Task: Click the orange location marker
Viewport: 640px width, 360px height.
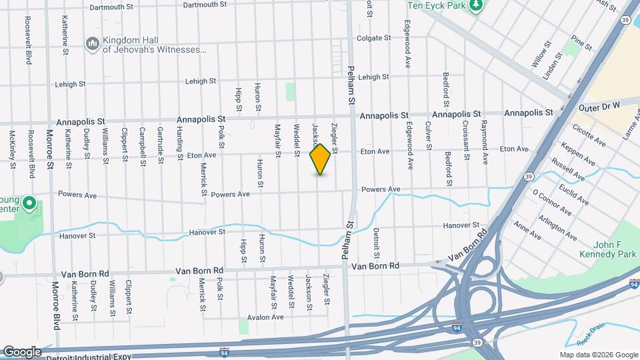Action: (x=321, y=159)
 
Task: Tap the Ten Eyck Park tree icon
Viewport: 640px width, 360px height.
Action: (x=476, y=7)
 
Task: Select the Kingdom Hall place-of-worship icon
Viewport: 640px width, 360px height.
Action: (x=92, y=44)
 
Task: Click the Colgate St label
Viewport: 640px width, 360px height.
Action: (x=373, y=39)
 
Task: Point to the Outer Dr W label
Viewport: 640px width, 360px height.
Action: (x=599, y=105)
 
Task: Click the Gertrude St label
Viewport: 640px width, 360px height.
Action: (x=160, y=142)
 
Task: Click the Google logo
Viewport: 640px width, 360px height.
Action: (x=22, y=351)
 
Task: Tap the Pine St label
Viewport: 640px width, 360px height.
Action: (x=581, y=45)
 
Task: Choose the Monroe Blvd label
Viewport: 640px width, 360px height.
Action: (x=56, y=305)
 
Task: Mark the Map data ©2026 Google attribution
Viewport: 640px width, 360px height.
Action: (x=597, y=355)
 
